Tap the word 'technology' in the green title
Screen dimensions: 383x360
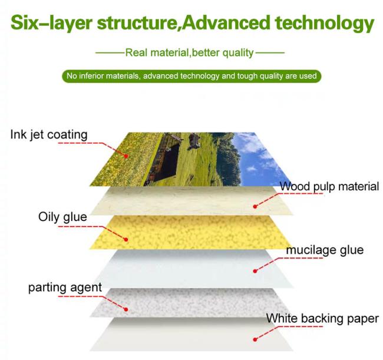click(325, 24)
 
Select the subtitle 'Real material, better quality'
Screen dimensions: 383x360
click(190, 53)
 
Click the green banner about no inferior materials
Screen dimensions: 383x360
click(191, 76)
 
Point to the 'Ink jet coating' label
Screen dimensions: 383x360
click(49, 135)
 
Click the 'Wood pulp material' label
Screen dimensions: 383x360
click(329, 187)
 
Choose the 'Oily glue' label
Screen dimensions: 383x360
click(62, 217)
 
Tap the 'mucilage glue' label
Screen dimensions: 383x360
click(325, 250)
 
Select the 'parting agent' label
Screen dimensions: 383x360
click(65, 288)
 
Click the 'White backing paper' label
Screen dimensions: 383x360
click(322, 319)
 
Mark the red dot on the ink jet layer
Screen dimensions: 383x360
click(126, 156)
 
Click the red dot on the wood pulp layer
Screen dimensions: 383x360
click(255, 207)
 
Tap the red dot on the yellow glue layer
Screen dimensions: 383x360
click(126, 240)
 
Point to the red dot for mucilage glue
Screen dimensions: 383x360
click(255, 271)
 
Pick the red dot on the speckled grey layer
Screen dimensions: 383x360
click(126, 309)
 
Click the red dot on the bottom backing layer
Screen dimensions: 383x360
click(255, 339)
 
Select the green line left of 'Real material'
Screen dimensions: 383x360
click(110, 52)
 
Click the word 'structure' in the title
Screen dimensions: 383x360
click(137, 24)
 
